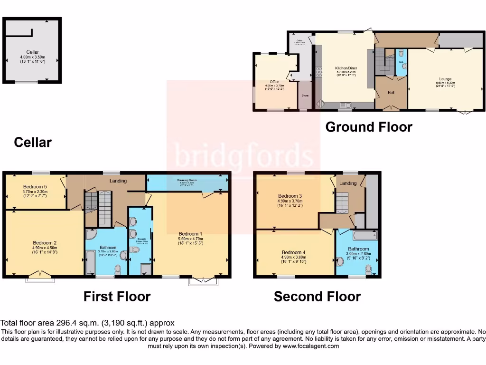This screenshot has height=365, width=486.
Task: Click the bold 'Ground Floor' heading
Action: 368,127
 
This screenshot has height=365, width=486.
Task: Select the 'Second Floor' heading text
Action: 317,297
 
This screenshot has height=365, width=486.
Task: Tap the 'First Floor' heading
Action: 117,297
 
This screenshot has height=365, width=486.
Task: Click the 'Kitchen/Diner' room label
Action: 346,68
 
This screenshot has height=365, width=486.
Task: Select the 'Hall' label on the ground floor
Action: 391,93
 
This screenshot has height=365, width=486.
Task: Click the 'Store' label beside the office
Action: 305,96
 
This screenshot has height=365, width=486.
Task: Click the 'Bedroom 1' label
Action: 190,233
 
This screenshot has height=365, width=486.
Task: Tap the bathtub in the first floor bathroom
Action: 90,261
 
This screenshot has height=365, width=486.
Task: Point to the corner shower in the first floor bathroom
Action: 91,234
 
